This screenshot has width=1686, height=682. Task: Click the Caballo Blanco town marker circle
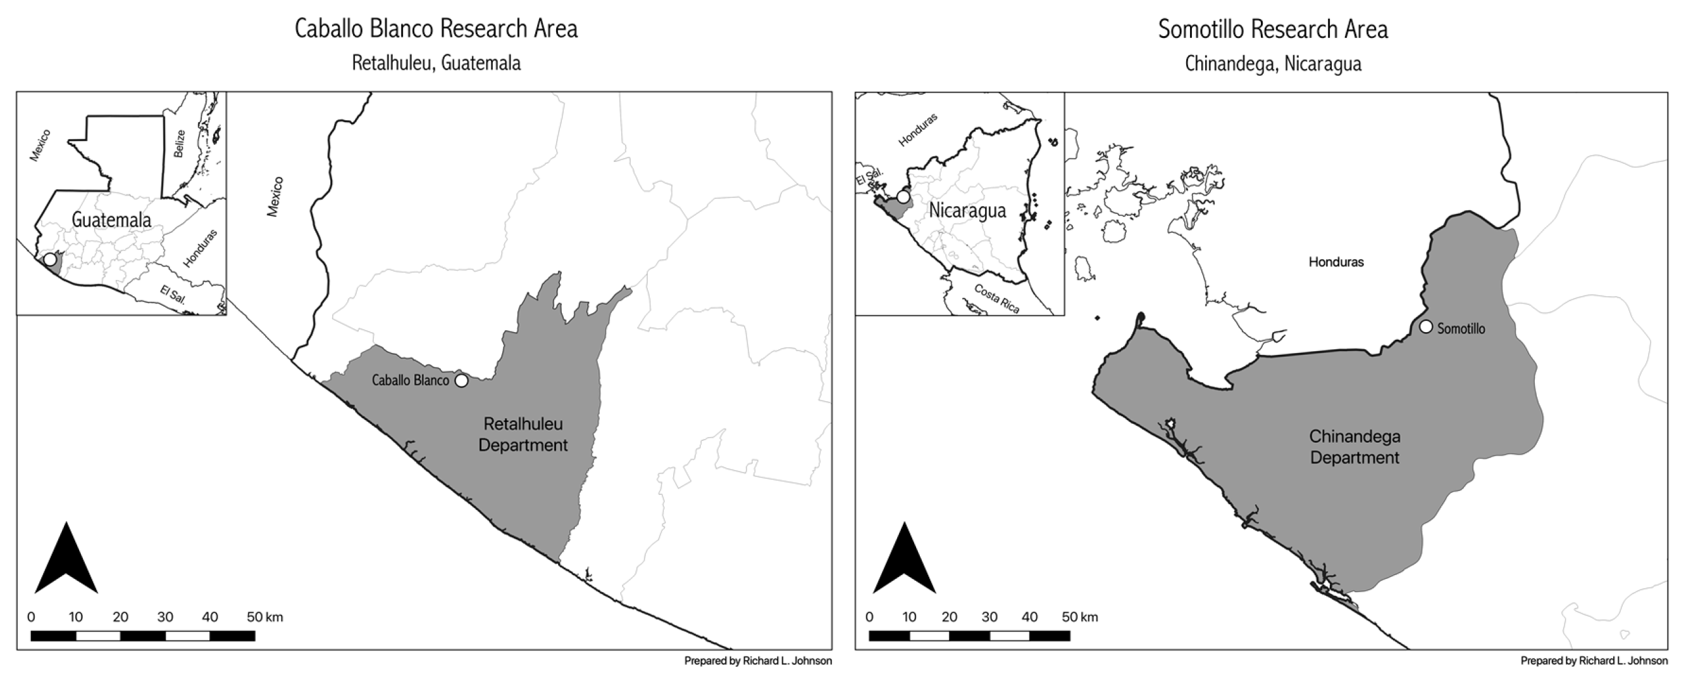click(x=461, y=380)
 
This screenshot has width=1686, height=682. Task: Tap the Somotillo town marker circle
click(x=1426, y=326)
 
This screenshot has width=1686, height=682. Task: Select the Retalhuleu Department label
click(x=523, y=435)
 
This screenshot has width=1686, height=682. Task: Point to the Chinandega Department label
click(x=1354, y=447)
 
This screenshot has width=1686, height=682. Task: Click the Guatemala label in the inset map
click(x=111, y=220)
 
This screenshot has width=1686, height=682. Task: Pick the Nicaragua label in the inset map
click(x=967, y=211)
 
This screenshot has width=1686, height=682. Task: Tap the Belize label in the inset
click(x=179, y=144)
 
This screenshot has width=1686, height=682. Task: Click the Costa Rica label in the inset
click(x=997, y=299)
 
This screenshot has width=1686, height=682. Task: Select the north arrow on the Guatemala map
click(x=66, y=560)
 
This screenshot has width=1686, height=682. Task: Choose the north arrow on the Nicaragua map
click(x=905, y=560)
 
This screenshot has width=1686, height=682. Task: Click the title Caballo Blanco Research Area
click(x=436, y=30)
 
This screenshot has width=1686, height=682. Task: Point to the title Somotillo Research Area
click(x=1273, y=30)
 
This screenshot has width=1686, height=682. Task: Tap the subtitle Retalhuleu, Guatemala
click(x=436, y=63)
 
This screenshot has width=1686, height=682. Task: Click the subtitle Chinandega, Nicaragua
click(x=1273, y=64)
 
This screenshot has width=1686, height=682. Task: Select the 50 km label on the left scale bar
click(x=264, y=617)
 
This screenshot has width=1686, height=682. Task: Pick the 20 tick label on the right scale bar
click(x=949, y=617)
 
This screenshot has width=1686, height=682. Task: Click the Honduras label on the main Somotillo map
click(x=1336, y=263)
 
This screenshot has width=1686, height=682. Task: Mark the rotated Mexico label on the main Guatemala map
click(x=275, y=196)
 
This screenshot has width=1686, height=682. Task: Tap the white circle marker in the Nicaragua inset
click(x=903, y=196)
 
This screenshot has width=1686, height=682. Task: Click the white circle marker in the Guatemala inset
click(x=50, y=259)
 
